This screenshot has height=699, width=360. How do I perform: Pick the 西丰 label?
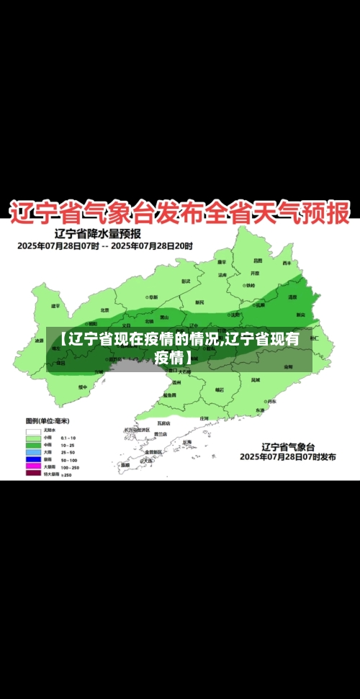click(287, 263)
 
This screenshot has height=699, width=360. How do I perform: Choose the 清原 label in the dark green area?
click(292, 297)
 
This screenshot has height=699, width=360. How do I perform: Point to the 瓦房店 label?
click(163, 423)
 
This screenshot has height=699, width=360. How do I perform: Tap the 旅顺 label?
click(125, 465)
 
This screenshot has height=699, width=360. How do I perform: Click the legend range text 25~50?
click(69, 452)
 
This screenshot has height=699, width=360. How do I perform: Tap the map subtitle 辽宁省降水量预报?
click(98, 233)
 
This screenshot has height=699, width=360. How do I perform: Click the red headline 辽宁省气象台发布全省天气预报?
click(179, 212)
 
